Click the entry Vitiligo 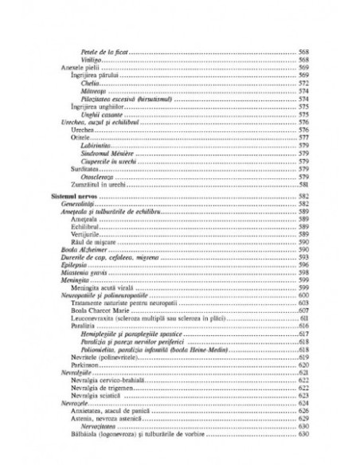91,61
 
